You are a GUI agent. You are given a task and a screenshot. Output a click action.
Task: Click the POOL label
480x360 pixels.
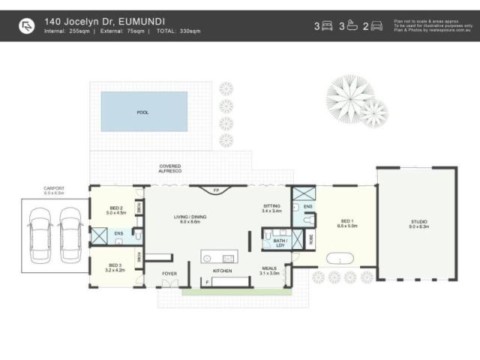pyautogui.click(x=142, y=112)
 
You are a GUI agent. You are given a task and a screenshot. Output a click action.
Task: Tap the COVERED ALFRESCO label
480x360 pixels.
pyautogui.click(x=170, y=168)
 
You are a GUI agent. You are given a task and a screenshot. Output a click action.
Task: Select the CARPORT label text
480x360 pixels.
pyautogui.click(x=52, y=190)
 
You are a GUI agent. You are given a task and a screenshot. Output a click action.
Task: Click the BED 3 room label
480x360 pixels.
pyautogui.click(x=115, y=267)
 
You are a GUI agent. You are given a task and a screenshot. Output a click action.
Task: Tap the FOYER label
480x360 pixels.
pyautogui.click(x=169, y=274)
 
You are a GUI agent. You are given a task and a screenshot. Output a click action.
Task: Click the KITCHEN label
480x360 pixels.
pyautogui.click(x=223, y=270)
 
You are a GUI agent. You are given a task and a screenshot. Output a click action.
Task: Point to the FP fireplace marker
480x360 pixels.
pyautogui.click(x=216, y=191)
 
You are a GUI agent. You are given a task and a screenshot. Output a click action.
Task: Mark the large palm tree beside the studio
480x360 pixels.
pyautogui.click(x=349, y=97)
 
